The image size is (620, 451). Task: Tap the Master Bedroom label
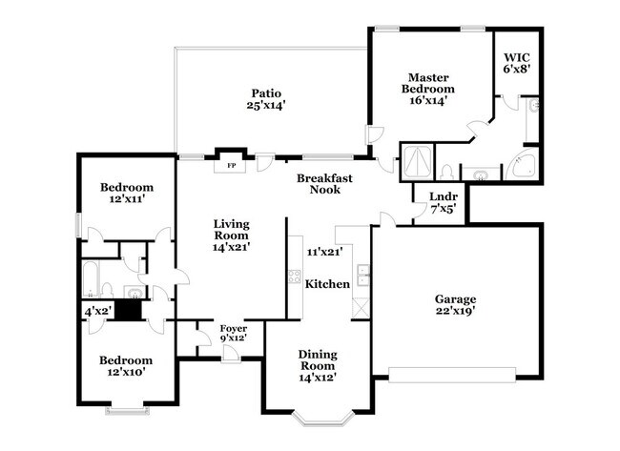point(428,88)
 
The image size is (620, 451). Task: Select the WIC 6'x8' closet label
point(516,62)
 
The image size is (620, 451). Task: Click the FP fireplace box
point(229,165)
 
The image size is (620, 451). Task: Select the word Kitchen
point(326,283)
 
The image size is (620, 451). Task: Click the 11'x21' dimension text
point(324,253)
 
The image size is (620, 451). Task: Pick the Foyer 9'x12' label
point(234,333)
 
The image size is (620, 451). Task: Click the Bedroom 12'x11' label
point(127,194)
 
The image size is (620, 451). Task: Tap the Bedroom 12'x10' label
point(127,366)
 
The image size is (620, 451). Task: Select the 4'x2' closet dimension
point(97,311)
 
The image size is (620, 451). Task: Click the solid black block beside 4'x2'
point(128,310)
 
